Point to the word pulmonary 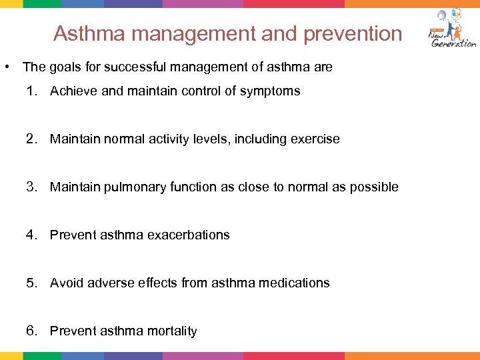(x=131, y=187)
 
